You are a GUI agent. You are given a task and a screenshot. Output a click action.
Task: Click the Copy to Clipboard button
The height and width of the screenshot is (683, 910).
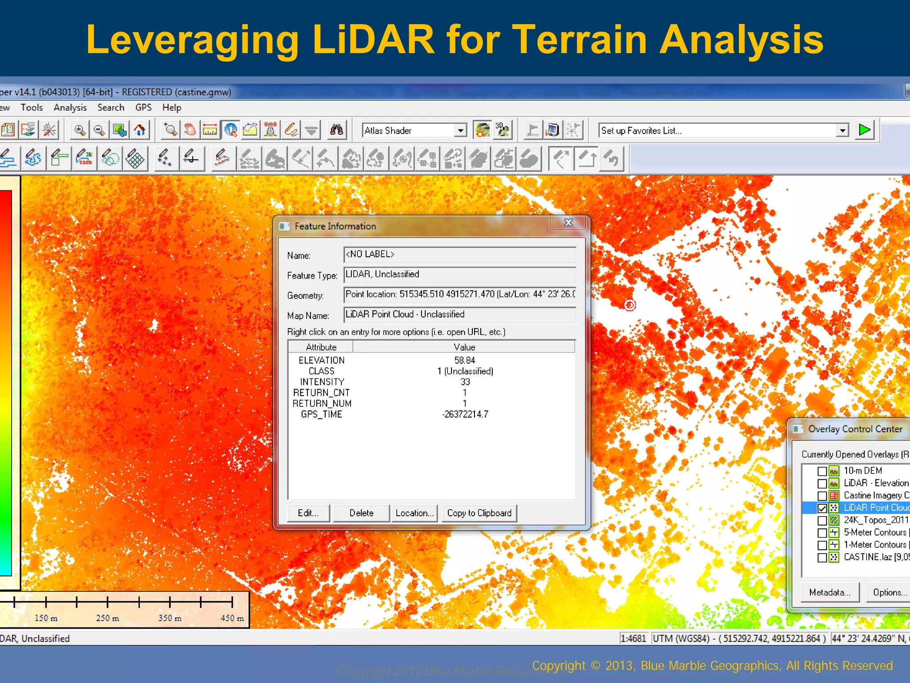(479, 513)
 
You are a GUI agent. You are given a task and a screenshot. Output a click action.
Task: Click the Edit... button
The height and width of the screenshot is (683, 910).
(308, 513)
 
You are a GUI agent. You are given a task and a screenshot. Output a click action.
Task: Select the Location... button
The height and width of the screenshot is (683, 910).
(414, 513)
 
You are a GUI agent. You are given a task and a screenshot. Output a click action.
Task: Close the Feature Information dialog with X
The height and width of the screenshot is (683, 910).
(568, 223)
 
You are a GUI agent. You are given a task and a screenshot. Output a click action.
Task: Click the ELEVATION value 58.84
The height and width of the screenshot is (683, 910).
(464, 360)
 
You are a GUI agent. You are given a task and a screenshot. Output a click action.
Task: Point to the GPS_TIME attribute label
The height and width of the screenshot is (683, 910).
(321, 414)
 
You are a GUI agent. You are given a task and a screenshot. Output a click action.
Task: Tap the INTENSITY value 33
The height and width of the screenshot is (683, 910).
(465, 382)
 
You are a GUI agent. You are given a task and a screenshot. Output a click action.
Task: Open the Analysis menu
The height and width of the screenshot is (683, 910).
(70, 108)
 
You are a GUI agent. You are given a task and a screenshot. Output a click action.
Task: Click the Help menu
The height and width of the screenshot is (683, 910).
(172, 108)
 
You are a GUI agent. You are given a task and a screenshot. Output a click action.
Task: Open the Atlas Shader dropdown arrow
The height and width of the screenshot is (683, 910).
(461, 131)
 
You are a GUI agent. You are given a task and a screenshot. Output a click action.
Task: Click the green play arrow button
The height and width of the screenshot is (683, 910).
(865, 130)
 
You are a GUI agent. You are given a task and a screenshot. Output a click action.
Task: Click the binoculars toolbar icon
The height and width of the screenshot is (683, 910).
(336, 130)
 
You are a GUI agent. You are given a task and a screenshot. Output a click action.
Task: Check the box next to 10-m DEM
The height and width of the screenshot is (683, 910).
(822, 471)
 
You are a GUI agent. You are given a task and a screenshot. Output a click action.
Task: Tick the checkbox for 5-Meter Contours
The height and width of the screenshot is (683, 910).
(822, 533)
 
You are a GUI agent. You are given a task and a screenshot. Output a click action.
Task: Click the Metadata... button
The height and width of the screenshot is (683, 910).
(830, 592)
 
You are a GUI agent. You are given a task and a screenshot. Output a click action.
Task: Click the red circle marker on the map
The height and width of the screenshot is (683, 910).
(630, 305)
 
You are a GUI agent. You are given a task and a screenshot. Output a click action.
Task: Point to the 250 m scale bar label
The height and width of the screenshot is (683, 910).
(108, 618)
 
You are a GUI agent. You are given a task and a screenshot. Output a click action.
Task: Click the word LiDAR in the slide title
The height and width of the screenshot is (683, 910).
(373, 40)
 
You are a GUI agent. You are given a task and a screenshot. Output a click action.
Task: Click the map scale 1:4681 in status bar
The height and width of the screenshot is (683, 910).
(633, 639)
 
